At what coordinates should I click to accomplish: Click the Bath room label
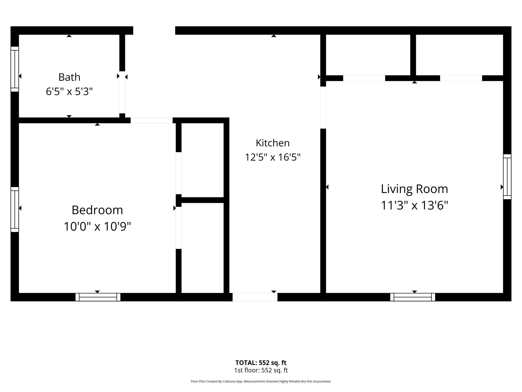(69, 77)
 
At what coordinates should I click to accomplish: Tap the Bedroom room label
(97, 210)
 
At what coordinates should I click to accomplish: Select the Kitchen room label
(273, 143)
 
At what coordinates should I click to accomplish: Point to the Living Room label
(414, 189)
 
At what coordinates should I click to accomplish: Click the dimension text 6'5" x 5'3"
(69, 91)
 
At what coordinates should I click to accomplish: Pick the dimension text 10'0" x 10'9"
(97, 226)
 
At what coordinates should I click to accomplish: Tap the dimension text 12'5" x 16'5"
(273, 157)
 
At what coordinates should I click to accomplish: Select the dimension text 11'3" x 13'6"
(414, 205)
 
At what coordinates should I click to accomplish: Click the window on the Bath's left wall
(15, 69)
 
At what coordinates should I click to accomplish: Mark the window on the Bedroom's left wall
(15, 209)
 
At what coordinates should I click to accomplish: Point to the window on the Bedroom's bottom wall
(98, 297)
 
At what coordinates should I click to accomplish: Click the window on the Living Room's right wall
(507, 177)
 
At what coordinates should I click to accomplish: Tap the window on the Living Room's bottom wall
(413, 297)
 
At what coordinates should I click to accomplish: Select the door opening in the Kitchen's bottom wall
(255, 297)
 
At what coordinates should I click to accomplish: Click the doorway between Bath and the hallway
(122, 92)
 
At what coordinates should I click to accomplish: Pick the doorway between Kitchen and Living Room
(323, 108)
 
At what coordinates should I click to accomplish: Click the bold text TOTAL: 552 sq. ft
(261, 363)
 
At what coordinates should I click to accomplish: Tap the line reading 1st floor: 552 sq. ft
(261, 370)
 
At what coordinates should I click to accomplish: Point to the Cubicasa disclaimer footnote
(261, 381)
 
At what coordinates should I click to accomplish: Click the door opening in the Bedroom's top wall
(152, 120)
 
